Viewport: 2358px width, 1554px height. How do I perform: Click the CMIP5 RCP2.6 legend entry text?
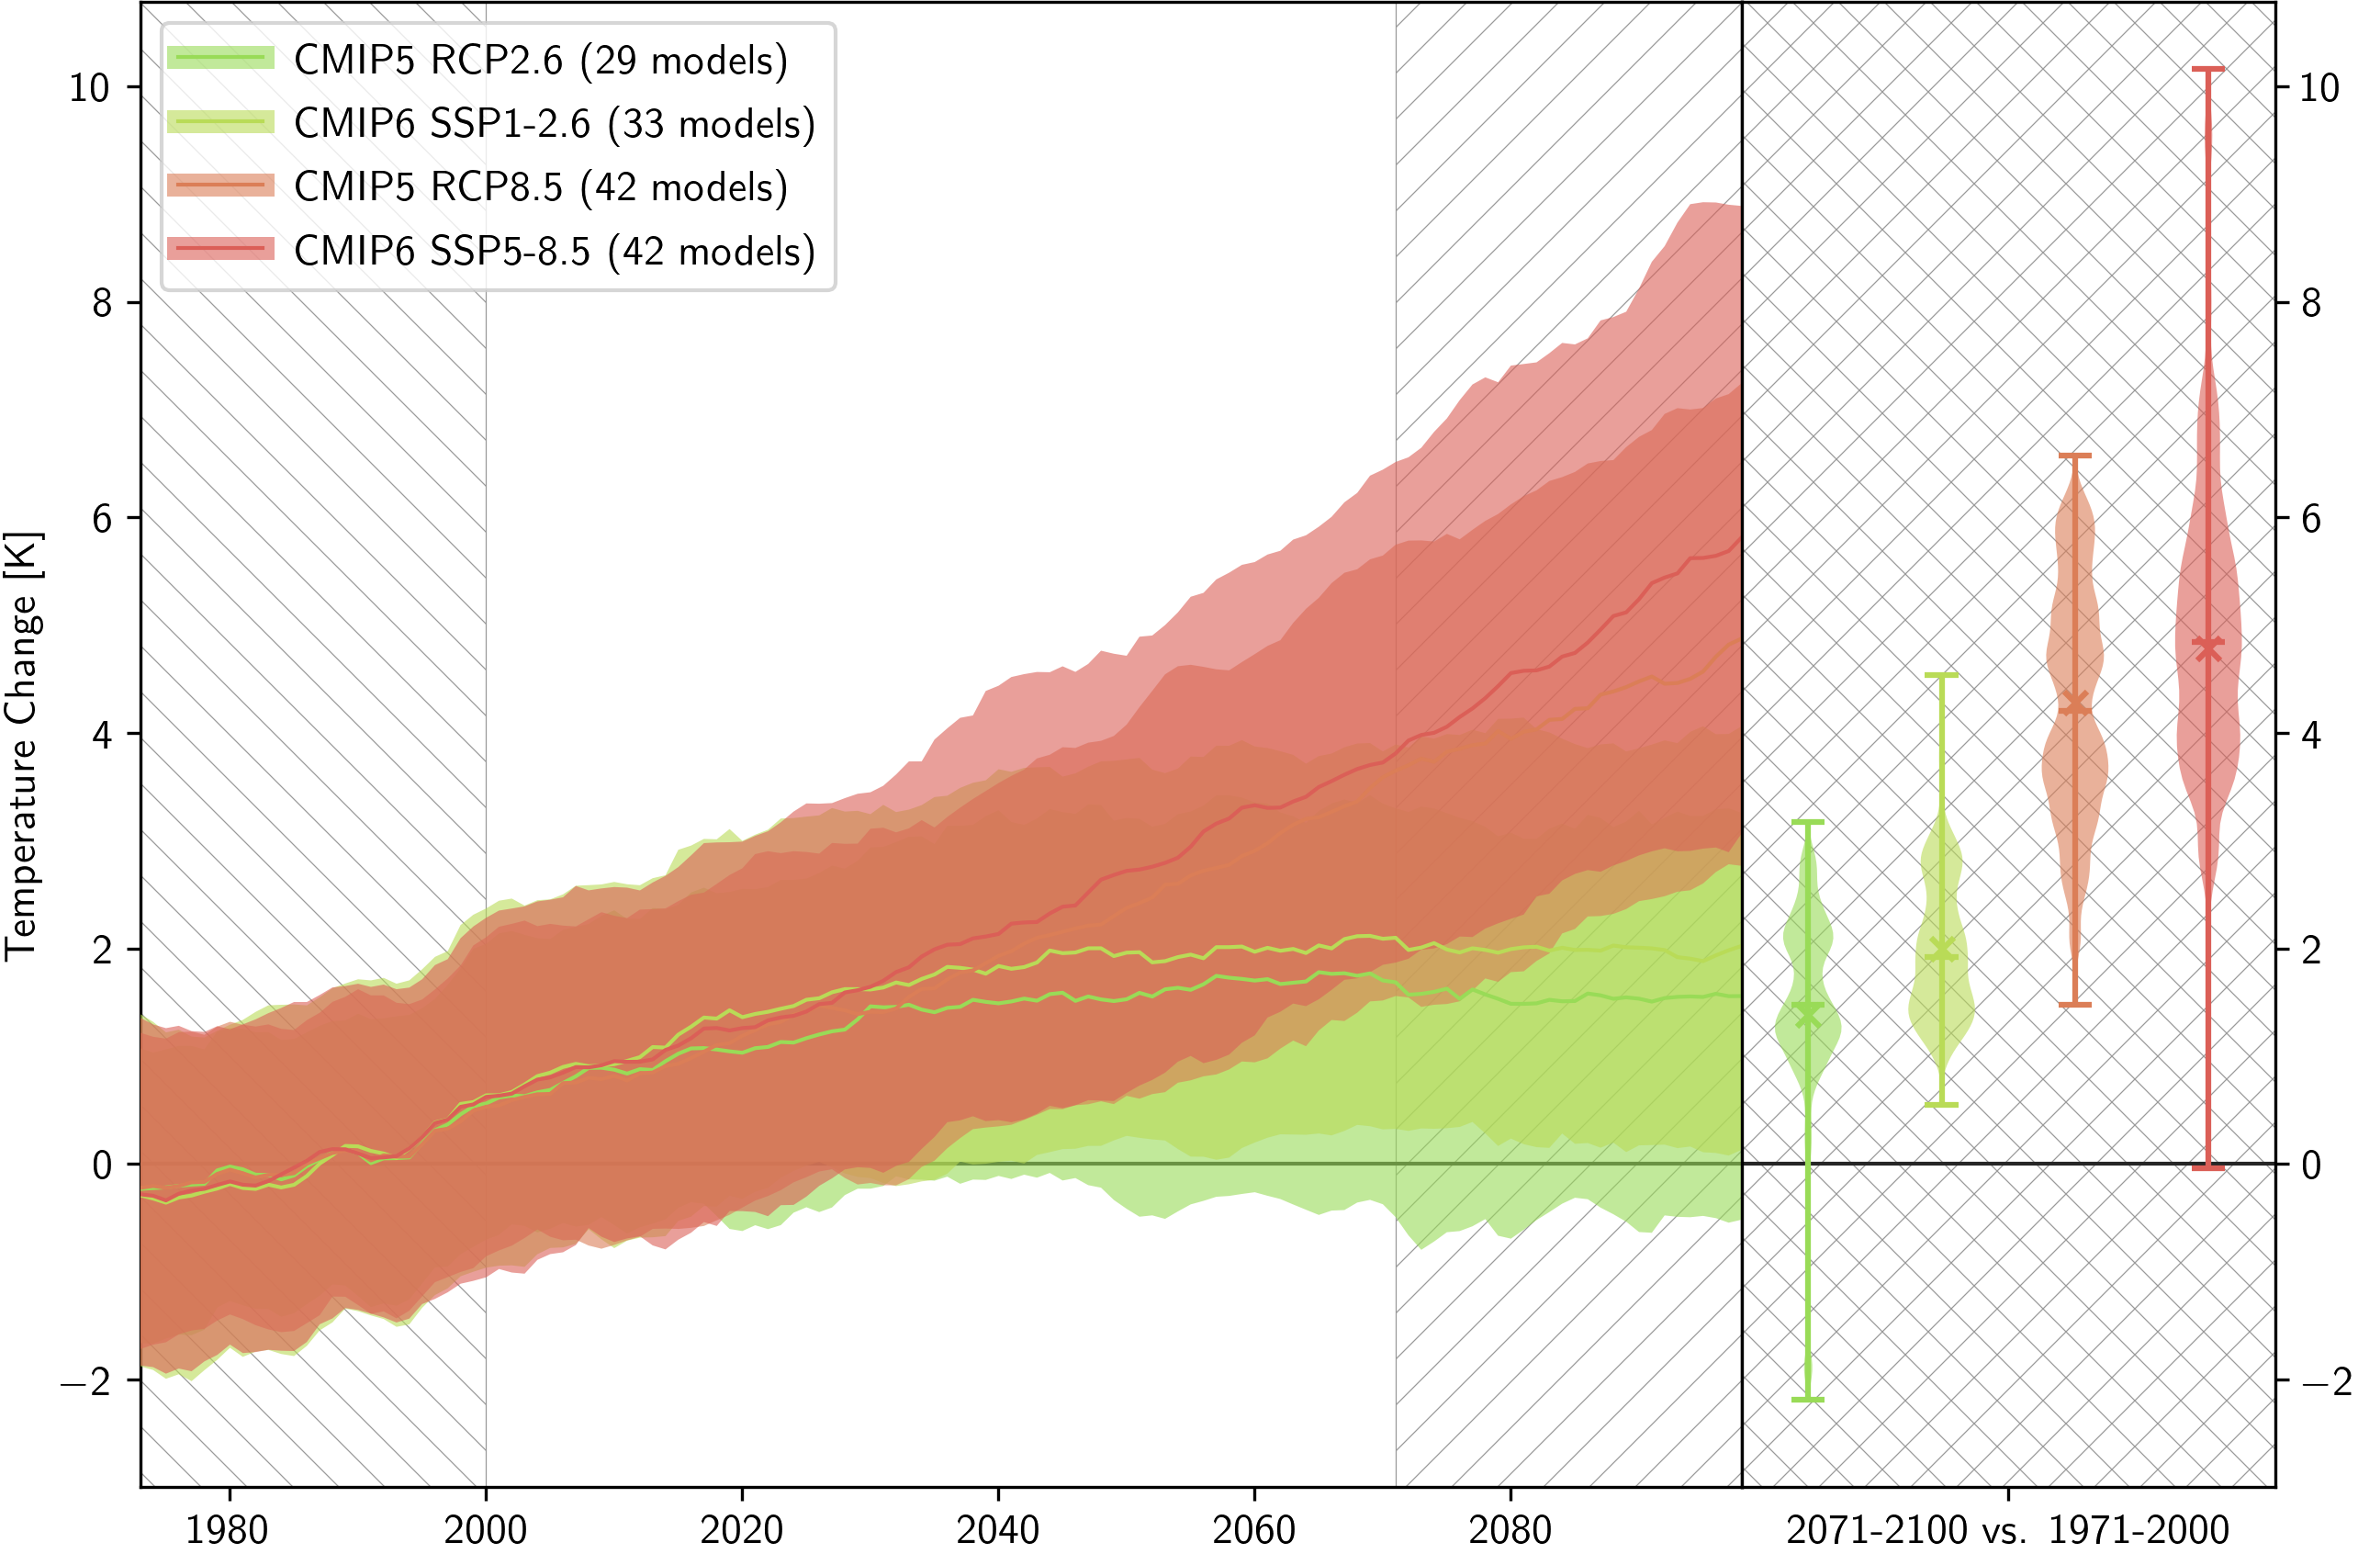540,61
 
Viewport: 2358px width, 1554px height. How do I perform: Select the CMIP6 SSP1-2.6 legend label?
554,124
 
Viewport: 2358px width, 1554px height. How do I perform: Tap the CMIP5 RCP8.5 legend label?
540,187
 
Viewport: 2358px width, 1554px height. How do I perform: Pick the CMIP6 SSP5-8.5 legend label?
554,252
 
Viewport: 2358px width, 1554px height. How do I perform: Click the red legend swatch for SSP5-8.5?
220,248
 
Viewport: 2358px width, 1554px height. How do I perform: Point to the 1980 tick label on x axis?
227,1529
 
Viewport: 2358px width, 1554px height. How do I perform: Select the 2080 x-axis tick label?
1510,1529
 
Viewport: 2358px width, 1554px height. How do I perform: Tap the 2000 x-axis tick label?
485,1529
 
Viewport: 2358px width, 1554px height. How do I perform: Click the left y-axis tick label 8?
102,303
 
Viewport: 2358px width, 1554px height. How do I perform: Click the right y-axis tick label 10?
2319,88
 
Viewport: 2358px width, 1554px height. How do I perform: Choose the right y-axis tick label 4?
2310,735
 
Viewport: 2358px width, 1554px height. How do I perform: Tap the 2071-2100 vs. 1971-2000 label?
2007,1529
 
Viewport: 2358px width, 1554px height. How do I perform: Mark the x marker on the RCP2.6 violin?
1807,1014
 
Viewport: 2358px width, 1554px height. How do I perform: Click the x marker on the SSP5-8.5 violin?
2207,647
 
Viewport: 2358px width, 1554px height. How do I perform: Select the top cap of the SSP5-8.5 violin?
2207,70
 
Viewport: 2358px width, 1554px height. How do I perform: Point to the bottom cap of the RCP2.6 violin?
1807,1400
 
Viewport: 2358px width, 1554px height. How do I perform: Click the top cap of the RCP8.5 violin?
2074,456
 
